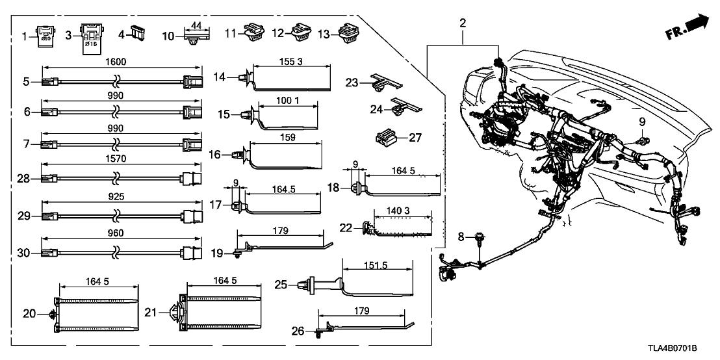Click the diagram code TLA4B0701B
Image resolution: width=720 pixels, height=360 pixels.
click(684, 350)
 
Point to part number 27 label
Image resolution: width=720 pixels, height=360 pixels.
click(413, 137)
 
